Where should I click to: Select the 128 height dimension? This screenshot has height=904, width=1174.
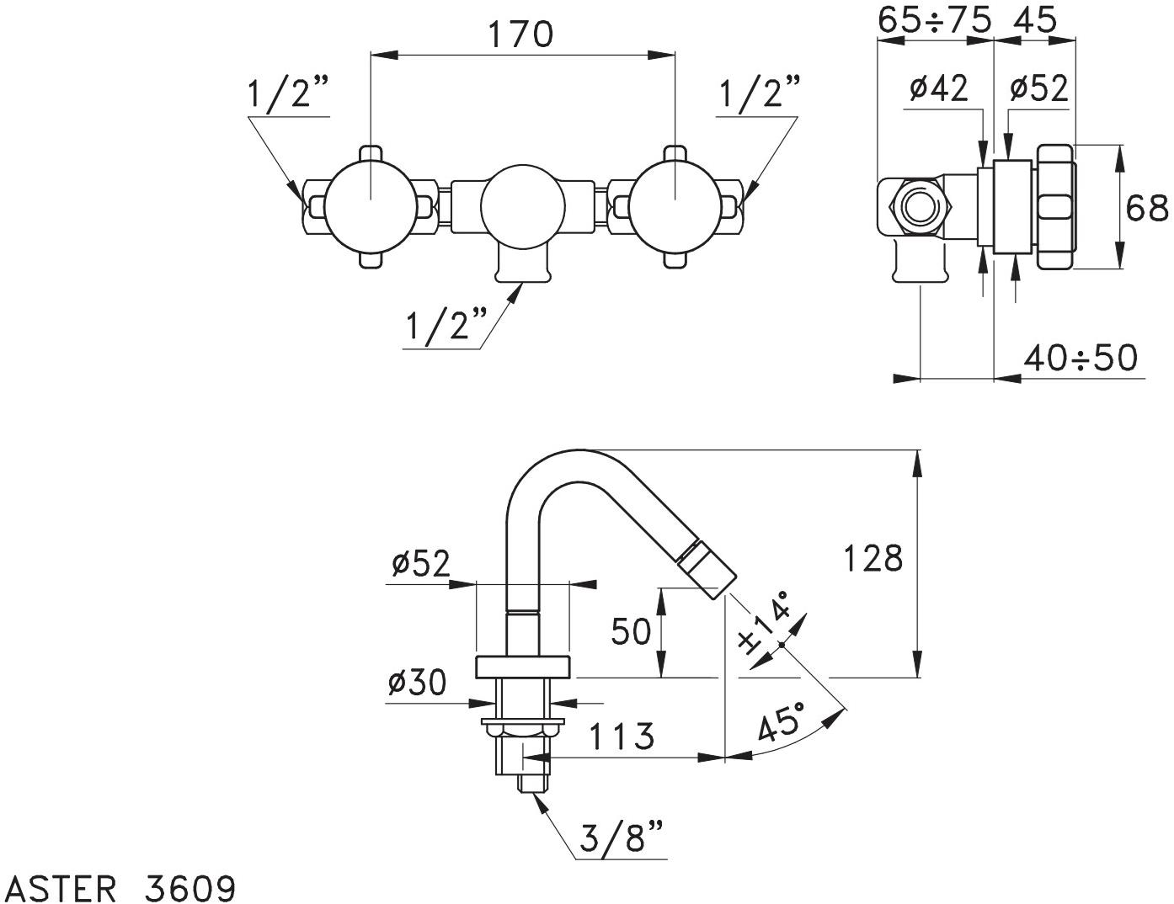tap(872, 557)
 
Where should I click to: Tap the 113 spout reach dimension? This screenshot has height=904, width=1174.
tap(621, 736)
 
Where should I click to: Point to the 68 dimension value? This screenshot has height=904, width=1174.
tap(1147, 207)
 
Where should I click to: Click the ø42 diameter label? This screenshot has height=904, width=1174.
tap(940, 88)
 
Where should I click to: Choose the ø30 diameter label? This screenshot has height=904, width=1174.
tap(418, 683)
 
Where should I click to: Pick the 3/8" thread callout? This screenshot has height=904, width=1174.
tap(622, 838)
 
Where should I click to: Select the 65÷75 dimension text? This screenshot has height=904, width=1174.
tap(933, 19)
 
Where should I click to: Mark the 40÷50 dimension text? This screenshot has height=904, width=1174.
tap(1081, 358)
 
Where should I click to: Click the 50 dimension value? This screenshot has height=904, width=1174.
tap(631, 631)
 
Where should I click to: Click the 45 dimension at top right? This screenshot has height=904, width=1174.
tap(1035, 19)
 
